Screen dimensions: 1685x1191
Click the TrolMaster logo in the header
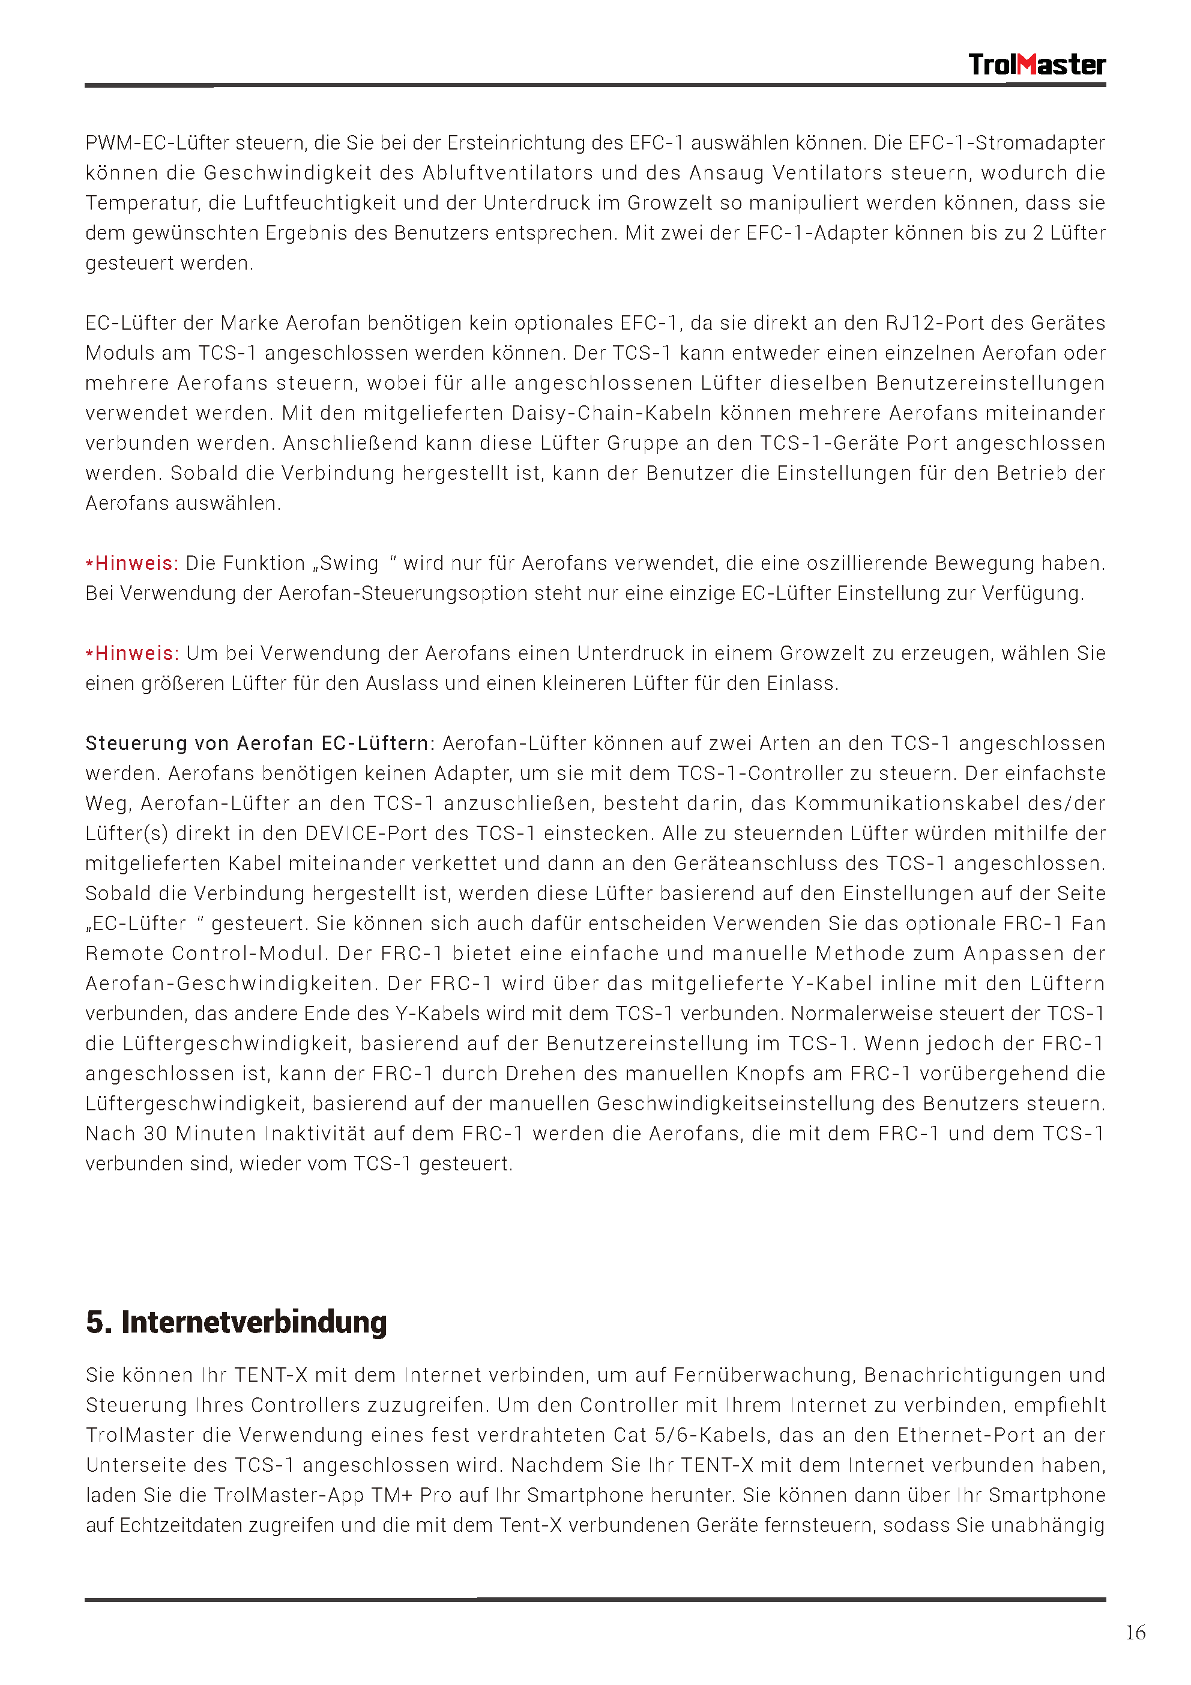1036,65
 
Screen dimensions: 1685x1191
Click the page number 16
1135,1632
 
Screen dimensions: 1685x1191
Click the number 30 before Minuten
155,1134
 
